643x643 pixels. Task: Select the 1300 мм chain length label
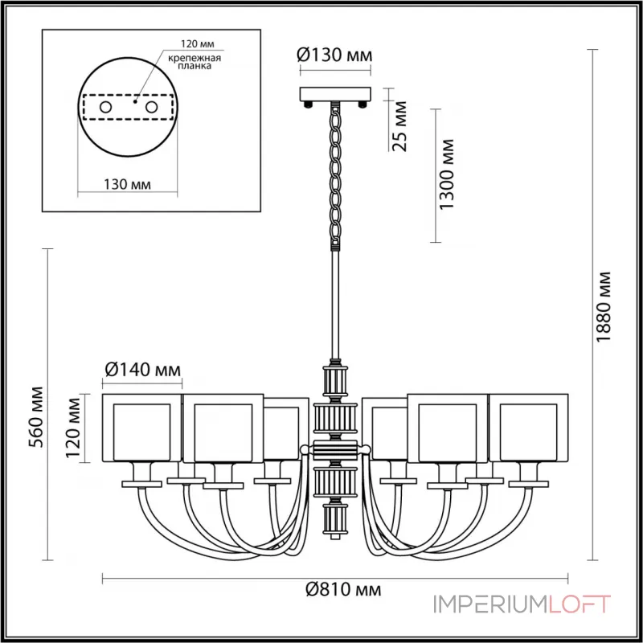[449, 174]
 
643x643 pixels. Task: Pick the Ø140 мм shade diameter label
[143, 371]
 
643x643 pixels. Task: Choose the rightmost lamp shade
[529, 428]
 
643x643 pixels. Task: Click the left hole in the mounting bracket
[105, 106]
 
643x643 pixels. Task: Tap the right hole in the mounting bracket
[150, 106]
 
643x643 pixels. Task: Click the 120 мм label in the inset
[192, 43]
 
